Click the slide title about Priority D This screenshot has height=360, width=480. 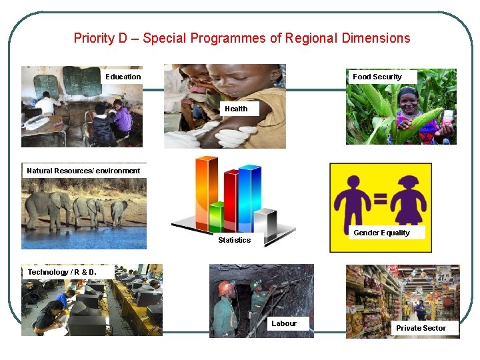(241, 38)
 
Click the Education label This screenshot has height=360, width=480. (123, 77)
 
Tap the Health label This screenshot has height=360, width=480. (236, 109)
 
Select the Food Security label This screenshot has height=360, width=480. (377, 77)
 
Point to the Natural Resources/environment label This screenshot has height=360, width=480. (83, 171)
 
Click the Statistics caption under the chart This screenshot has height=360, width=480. (235, 240)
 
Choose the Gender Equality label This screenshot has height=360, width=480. (381, 233)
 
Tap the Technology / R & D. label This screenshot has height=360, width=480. (62, 272)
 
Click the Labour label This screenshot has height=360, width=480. (284, 323)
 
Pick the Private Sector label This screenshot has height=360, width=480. (421, 328)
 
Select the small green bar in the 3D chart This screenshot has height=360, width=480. (216, 217)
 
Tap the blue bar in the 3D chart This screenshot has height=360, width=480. (248, 197)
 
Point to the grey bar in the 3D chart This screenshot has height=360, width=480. (265, 223)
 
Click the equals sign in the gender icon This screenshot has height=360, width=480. (381, 198)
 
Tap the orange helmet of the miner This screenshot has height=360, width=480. (227, 288)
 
